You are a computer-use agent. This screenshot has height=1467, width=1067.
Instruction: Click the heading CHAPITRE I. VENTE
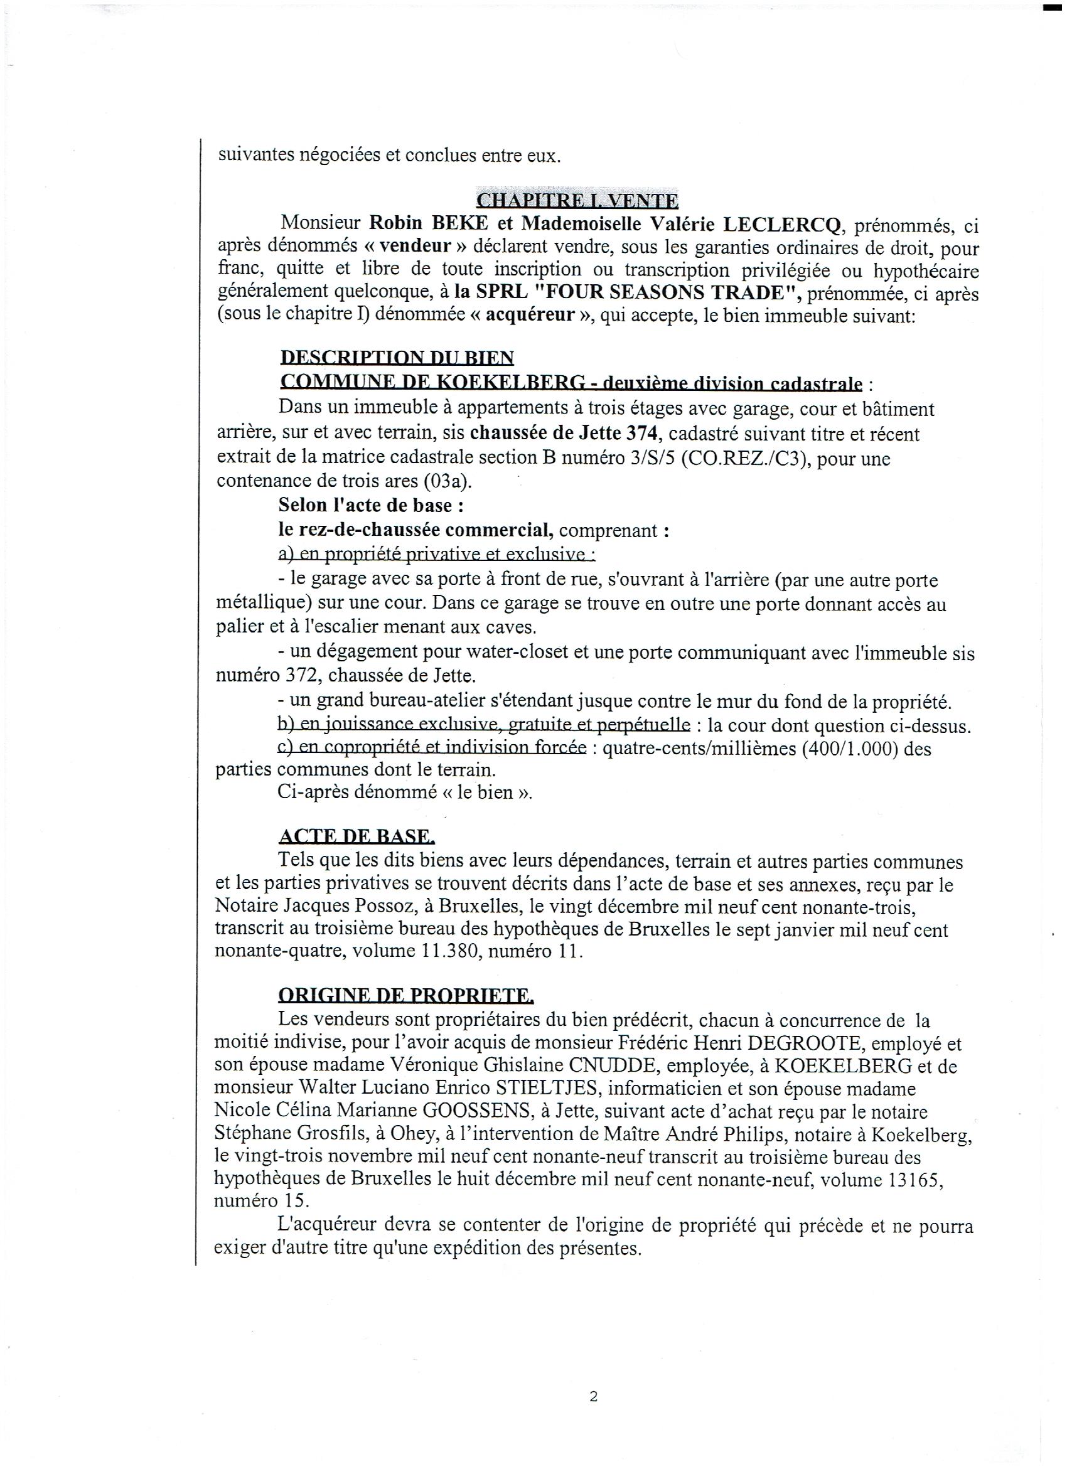point(577,201)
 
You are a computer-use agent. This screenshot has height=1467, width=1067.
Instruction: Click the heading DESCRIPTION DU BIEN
point(397,358)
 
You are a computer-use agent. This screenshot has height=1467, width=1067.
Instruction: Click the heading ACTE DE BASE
point(357,837)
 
